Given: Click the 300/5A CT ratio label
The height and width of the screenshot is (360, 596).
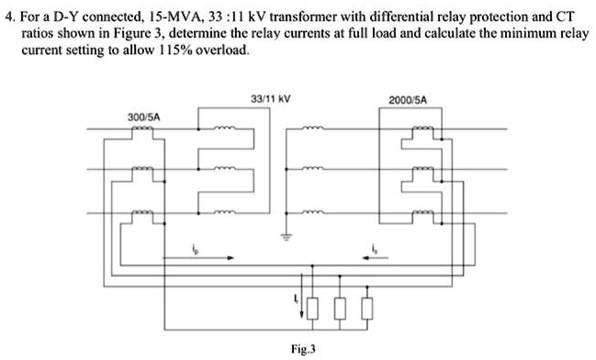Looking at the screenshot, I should click(144, 118).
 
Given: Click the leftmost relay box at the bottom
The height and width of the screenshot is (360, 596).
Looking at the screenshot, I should click(315, 307).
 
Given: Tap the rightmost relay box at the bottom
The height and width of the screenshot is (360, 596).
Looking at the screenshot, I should click(368, 307).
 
